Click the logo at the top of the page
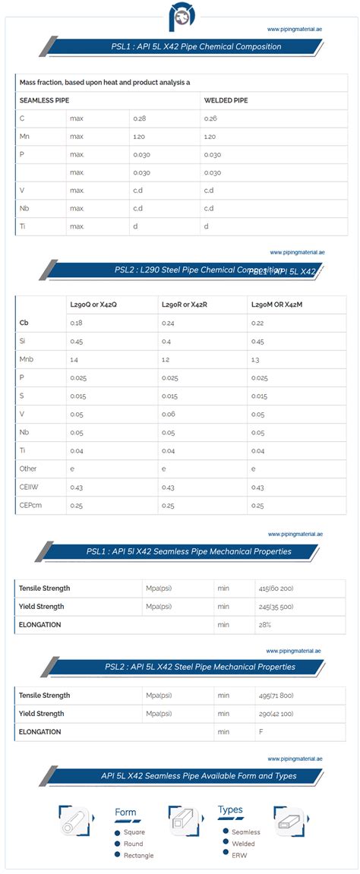[180, 16]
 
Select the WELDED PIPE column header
[226, 100]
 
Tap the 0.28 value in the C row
[140, 118]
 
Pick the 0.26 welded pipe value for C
[211, 118]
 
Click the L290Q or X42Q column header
[93, 304]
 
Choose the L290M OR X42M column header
[276, 304]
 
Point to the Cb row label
[24, 323]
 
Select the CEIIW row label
[30, 487]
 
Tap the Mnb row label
[27, 359]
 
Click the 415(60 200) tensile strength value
[280, 588]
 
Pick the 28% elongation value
[265, 625]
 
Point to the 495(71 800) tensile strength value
[280, 696]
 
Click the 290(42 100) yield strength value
[280, 714]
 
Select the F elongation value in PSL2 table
[261, 732]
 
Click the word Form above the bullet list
[125, 812]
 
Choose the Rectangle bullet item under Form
[138, 855]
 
